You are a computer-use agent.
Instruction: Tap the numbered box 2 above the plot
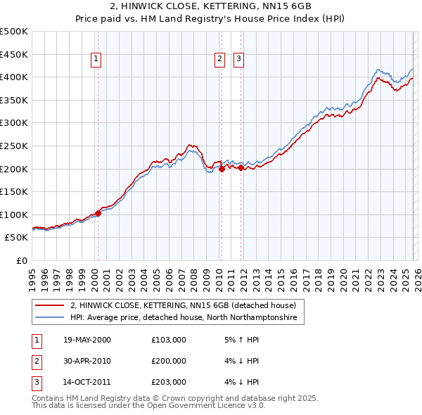point(219,60)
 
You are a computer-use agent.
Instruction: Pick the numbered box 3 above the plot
point(238,60)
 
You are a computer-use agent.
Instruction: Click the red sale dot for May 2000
point(98,213)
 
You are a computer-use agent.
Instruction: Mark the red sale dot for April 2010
point(222,169)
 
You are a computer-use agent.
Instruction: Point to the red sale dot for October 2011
point(241,167)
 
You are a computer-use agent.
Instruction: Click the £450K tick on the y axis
point(14,54)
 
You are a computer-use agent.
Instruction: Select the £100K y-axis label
point(14,215)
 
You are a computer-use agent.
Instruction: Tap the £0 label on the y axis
point(21,260)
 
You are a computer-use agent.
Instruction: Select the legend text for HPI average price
point(184,318)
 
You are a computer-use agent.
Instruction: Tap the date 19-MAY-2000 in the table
point(87,340)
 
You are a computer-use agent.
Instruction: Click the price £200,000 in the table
point(169,361)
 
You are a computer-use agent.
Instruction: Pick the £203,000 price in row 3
point(169,382)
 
